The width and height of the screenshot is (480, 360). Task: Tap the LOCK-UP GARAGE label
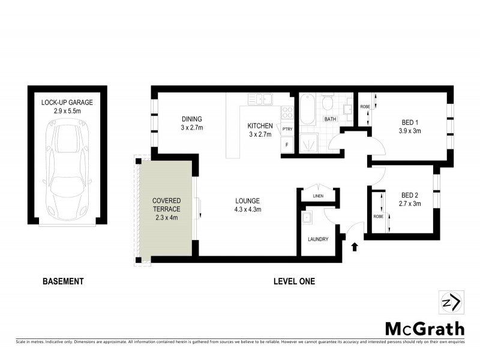[67, 103]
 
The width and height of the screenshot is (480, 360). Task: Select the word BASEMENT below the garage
[63, 281]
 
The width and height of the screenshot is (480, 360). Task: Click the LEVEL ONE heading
[293, 281]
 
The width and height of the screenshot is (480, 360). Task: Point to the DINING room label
[191, 119]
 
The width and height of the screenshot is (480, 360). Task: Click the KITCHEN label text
[260, 126]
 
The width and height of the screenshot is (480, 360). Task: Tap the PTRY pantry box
[287, 128]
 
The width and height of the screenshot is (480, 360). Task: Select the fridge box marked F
[287, 145]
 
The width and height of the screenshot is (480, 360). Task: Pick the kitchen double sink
[262, 98]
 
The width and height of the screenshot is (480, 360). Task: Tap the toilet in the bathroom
[328, 104]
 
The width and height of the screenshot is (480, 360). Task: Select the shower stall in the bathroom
[309, 143]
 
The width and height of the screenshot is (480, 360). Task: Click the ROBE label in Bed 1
[364, 107]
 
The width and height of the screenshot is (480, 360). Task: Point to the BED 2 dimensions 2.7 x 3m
[411, 203]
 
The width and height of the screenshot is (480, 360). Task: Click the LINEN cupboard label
[319, 196]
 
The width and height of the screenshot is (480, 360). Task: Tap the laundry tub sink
[308, 217]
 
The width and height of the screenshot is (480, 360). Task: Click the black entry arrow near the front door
[354, 245]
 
